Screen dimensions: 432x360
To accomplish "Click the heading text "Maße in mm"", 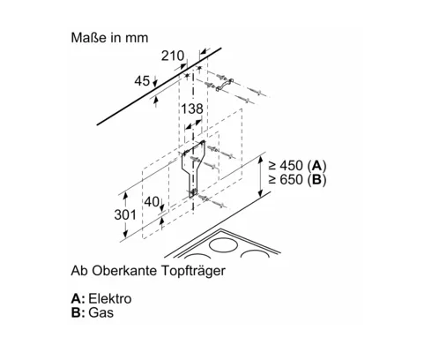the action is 109,38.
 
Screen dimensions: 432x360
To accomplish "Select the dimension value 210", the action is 173,56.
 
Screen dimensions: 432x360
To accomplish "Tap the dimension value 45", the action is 142,81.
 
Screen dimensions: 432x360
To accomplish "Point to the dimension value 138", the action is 192,109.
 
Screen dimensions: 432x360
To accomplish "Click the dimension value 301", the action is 125,214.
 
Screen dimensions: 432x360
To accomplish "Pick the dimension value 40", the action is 152,202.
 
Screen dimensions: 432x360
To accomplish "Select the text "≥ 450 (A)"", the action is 297,166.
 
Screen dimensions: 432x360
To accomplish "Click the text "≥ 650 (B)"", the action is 297,179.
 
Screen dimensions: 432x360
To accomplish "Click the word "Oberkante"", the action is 124,271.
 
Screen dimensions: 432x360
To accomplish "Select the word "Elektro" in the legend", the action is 110,298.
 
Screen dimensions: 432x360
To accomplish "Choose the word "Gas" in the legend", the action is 101,312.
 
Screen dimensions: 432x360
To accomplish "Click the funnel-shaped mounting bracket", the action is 192,168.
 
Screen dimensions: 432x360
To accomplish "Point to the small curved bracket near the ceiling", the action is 225,85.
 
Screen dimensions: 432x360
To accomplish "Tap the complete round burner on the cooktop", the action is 223,244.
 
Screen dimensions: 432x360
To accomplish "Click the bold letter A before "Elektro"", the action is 76,298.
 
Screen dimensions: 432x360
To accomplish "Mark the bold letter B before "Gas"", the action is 76,312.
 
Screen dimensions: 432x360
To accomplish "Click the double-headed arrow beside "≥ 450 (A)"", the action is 260,176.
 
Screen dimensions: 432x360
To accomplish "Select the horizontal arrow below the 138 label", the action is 194,124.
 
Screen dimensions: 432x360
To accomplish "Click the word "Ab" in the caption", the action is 79,271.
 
